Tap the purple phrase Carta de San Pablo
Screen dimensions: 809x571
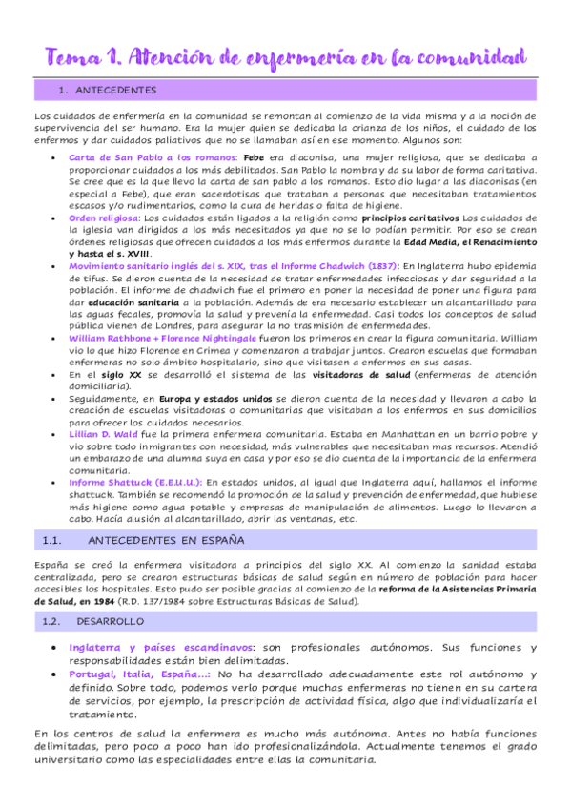pos(107,156)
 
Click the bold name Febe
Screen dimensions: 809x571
pos(254,156)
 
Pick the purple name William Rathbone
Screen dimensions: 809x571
pos(111,339)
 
